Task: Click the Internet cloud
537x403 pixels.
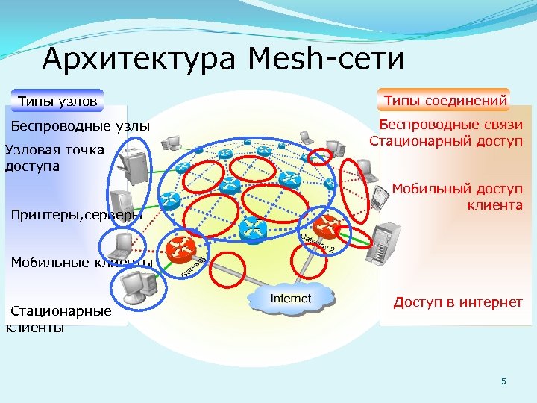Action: [290, 299]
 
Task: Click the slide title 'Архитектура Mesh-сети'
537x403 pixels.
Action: [223, 58]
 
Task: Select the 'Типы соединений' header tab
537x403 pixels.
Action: [445, 100]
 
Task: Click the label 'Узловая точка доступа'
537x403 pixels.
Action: [54, 157]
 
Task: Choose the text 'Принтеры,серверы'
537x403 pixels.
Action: [75, 216]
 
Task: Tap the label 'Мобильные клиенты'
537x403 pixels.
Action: [81, 262]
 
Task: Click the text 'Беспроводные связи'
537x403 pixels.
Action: [450, 125]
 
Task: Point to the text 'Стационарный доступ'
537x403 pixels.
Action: [446, 140]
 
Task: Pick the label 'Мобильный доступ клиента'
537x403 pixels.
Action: [457, 196]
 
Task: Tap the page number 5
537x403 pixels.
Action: [503, 382]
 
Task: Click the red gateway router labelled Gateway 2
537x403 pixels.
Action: [326, 226]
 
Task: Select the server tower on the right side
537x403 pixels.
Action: [389, 240]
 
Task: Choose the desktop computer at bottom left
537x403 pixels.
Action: [136, 284]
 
